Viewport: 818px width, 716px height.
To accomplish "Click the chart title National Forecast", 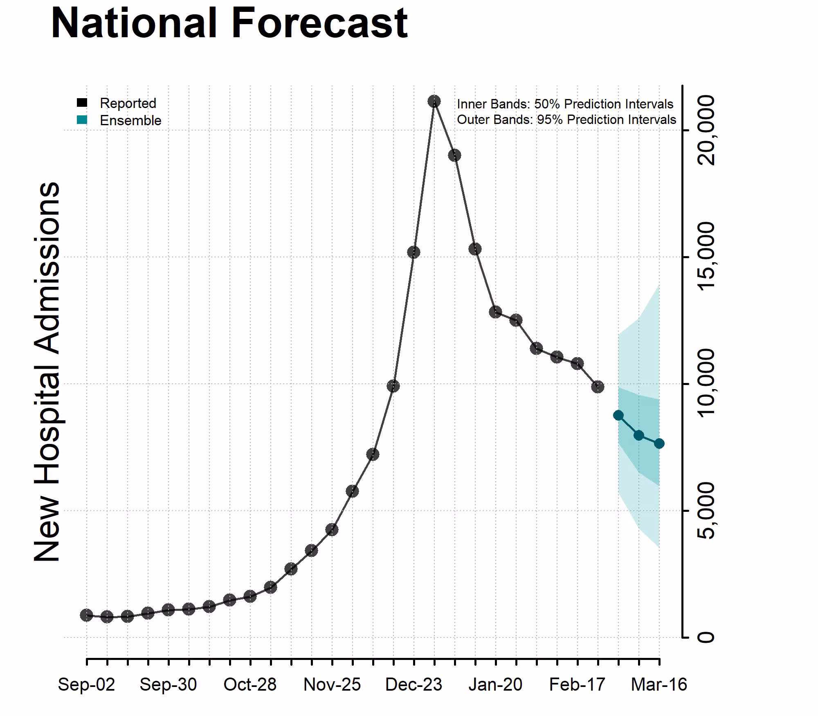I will pos(229,24).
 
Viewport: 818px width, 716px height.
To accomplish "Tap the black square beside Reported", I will pos(82,103).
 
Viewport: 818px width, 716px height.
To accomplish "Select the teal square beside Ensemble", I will pos(82,120).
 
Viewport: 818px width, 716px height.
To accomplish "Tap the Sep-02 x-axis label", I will pos(86,684).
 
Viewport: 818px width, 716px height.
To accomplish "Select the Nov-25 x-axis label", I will pos(332,684).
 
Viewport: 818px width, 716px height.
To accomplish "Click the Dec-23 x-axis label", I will pos(413,684).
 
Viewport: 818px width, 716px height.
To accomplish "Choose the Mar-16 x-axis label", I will pos(659,684).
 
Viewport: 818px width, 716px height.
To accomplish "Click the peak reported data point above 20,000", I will pos(434,101).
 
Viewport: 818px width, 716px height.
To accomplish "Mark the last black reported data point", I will pos(598,387).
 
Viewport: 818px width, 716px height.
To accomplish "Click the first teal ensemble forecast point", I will pos(618,415).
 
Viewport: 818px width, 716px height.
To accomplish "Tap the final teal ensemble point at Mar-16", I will pos(659,444).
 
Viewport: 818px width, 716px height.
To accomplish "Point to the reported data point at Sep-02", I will pos(86,615).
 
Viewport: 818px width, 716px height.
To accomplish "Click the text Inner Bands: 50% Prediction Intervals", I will pos(565,104).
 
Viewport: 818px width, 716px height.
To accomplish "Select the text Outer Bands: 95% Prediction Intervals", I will pos(566,119).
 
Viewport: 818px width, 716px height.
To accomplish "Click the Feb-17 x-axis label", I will pos(577,684).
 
